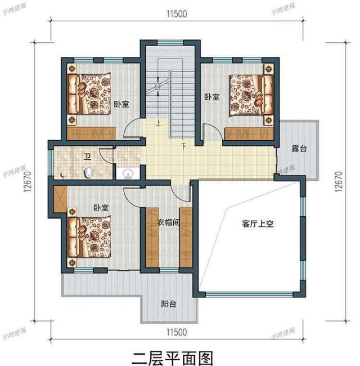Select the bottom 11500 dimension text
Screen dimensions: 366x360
(177, 332)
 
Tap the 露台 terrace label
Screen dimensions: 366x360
(299, 149)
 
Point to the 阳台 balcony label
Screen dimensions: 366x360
(169, 304)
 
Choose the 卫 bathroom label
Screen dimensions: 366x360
(87, 156)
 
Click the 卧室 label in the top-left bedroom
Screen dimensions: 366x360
(122, 104)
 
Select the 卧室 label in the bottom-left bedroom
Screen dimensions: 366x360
(101, 207)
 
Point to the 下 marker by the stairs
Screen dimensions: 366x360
(183, 148)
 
